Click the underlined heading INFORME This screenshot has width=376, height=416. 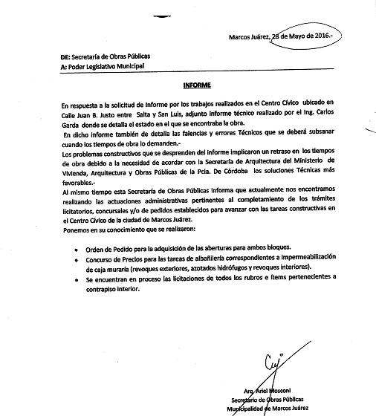pos(199,85)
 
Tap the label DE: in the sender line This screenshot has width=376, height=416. pos(45,56)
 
